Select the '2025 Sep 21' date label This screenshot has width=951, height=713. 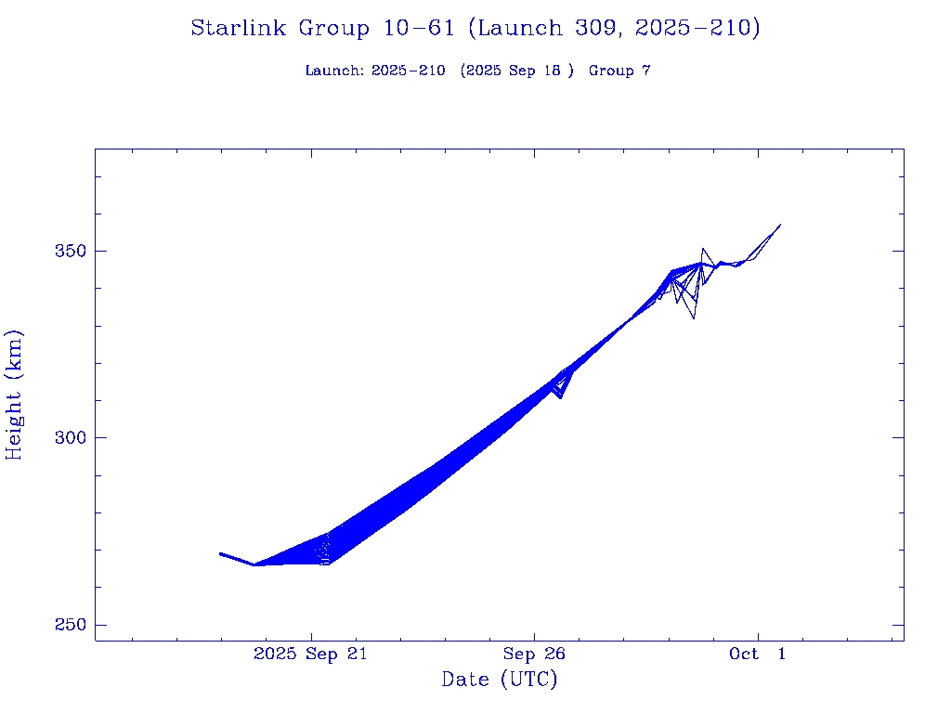pos(310,654)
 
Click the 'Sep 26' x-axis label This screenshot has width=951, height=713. pos(534,654)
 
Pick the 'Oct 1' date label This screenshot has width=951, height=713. pos(758,654)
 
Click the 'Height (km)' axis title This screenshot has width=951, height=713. pos(15,395)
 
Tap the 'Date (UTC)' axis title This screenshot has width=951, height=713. pos(500,680)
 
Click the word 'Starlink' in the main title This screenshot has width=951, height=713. pos(240,29)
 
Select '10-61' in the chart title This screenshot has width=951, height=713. pos(418,29)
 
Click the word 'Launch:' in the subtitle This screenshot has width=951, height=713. pos(334,71)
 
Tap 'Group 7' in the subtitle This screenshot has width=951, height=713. pos(619,71)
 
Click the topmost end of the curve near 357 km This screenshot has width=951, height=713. pos(780,225)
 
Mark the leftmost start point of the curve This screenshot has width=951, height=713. pos(220,553)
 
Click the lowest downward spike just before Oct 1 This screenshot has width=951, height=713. pos(694,318)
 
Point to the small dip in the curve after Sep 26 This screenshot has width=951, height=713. pos(560,397)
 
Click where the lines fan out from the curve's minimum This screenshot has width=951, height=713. pos(255,564)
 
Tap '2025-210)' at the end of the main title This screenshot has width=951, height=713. pos(698,29)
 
